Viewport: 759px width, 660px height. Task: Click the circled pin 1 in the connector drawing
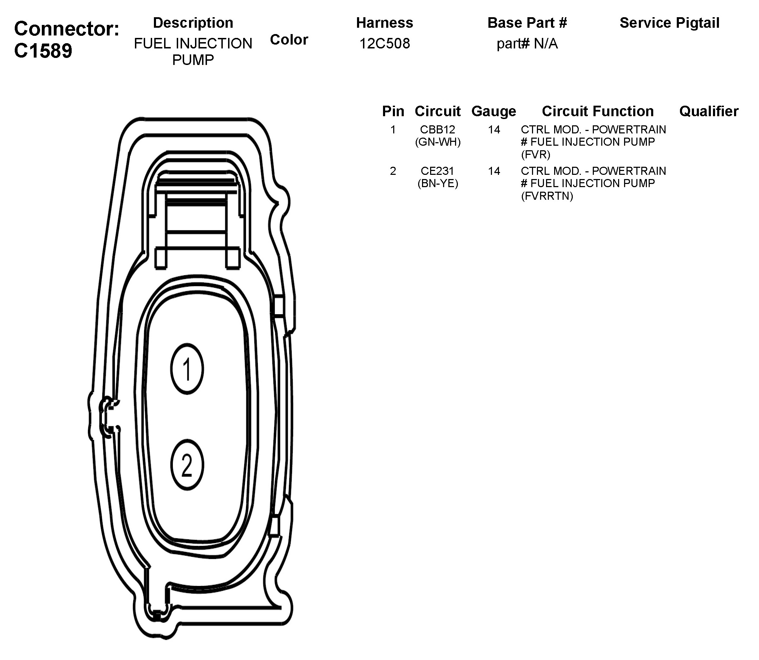[x=187, y=369]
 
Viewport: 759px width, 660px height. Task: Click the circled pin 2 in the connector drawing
[x=187, y=465]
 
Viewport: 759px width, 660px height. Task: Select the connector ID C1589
[x=43, y=51]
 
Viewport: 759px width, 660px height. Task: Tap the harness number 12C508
[x=384, y=44]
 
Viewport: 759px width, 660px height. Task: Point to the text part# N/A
[x=527, y=44]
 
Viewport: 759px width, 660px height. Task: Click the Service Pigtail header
[x=669, y=23]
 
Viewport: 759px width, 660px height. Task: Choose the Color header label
[x=289, y=40]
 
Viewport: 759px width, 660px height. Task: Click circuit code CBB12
[x=437, y=130]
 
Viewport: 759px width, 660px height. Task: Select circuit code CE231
[x=437, y=171]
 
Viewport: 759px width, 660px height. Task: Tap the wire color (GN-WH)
[x=438, y=142]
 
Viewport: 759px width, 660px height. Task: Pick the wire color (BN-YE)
[x=438, y=183]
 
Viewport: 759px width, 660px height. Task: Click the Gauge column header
[x=494, y=111]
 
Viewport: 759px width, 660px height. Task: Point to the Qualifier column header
[x=708, y=111]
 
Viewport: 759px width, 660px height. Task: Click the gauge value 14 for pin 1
[x=494, y=130]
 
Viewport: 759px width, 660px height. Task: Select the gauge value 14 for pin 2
[x=494, y=171]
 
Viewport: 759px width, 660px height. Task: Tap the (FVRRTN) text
[x=547, y=196]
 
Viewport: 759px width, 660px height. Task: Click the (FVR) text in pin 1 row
[x=536, y=155]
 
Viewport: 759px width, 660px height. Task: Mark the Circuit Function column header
[x=598, y=111]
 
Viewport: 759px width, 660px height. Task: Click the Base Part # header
[x=527, y=23]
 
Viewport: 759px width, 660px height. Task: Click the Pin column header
[x=393, y=111]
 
